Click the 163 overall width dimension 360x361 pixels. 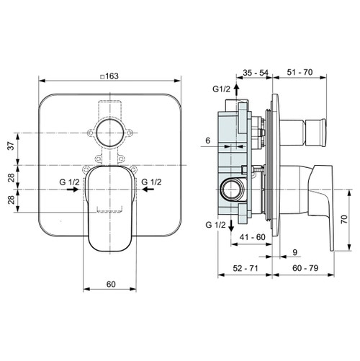pos(110,76)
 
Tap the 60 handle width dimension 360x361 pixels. pos(111,283)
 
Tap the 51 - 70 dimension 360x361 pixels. pos(300,72)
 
